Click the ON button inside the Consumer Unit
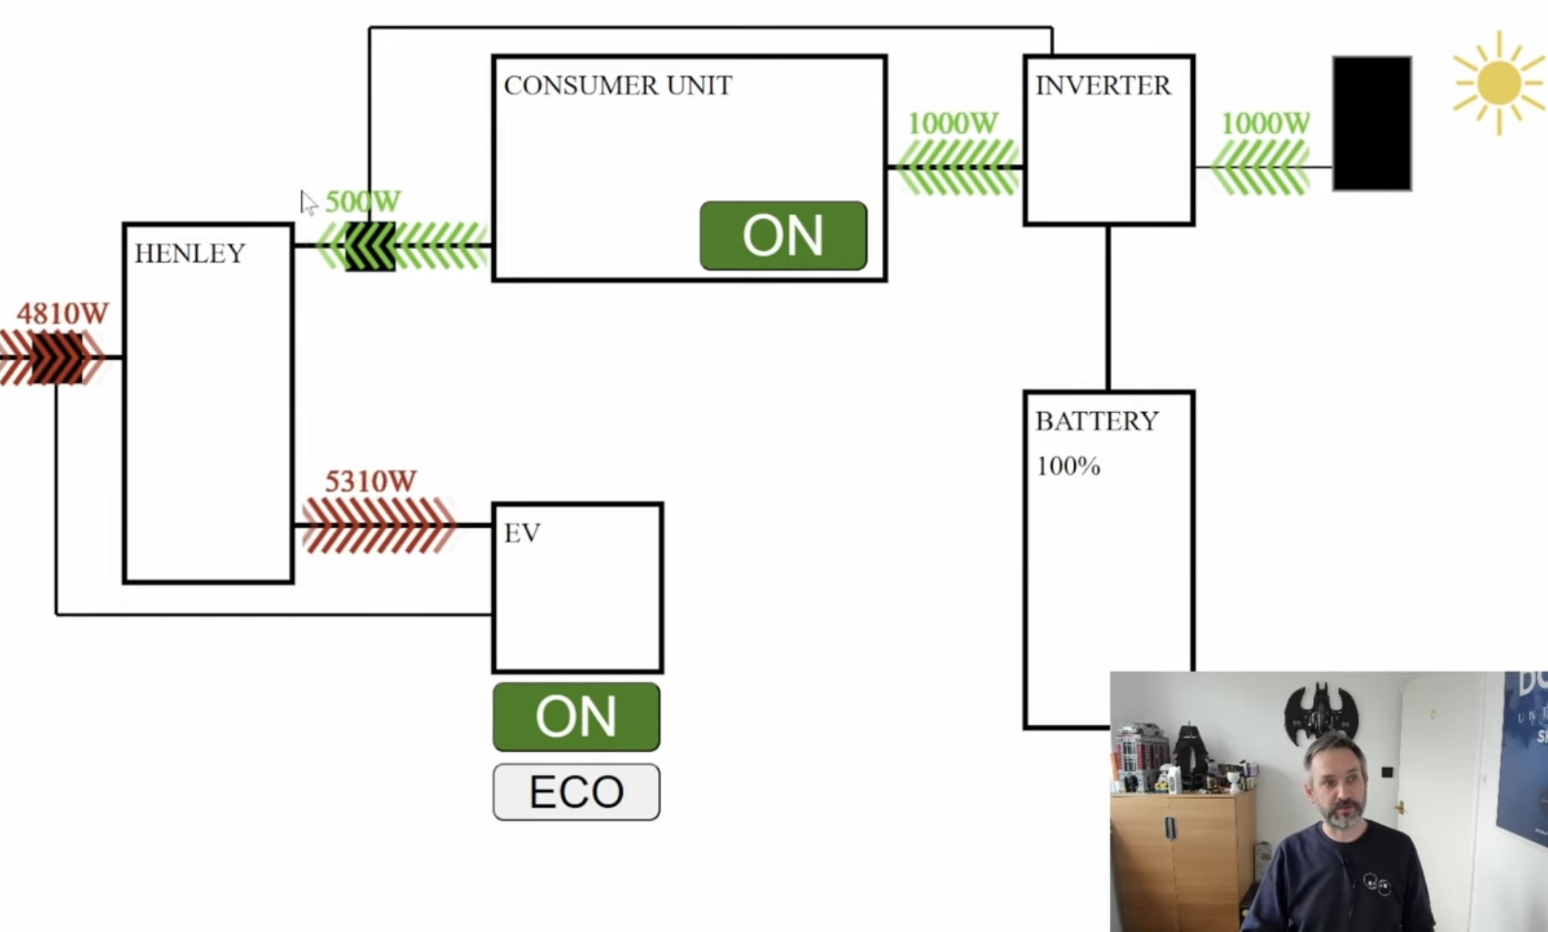point(783,236)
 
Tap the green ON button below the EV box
point(576,716)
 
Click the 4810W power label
point(62,314)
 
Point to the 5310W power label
point(370,481)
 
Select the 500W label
point(363,202)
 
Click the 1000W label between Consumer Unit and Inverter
point(953,123)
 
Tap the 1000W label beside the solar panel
point(1265,123)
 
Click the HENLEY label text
point(190,253)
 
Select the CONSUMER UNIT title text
point(617,85)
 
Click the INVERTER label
point(1103,85)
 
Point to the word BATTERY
point(1096,421)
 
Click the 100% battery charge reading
point(1068,466)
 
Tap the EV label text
point(523,533)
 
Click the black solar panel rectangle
point(1372,123)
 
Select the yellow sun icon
point(1499,82)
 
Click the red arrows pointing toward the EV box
point(378,525)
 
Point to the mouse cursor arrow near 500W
point(308,202)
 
